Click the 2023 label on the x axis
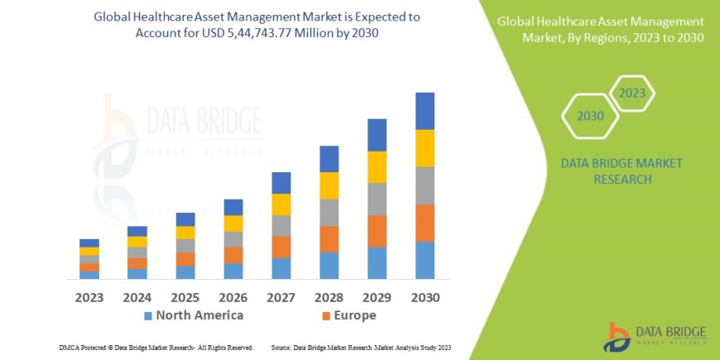89,296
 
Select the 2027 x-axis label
281,296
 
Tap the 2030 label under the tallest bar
425,296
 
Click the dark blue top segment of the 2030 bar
425,111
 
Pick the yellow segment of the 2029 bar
377,167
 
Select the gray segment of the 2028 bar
329,213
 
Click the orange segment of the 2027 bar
281,247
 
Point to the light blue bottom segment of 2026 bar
233,271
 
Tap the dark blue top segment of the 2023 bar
89,242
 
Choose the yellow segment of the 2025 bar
185,233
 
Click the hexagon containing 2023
631,93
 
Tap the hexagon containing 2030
590,118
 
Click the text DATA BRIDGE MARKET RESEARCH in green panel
622,170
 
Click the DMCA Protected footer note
156,348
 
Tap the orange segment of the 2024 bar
137,263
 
